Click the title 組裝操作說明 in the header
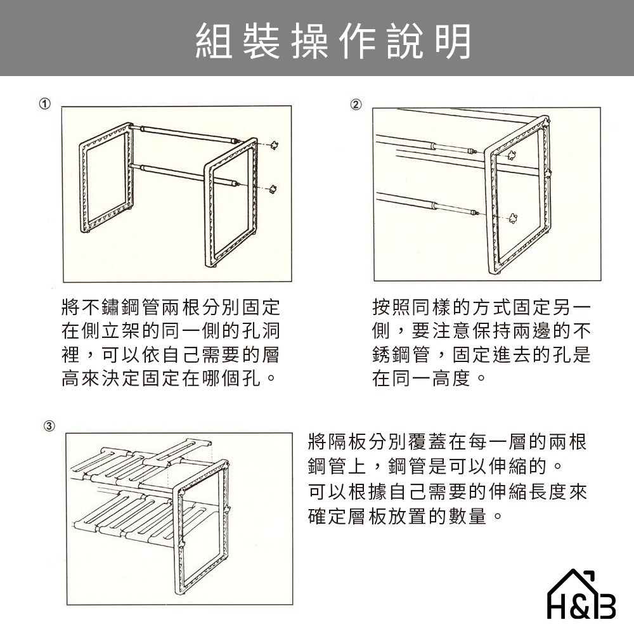click(x=333, y=42)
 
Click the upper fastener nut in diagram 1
click(x=275, y=145)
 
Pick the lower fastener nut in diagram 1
click(x=273, y=187)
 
